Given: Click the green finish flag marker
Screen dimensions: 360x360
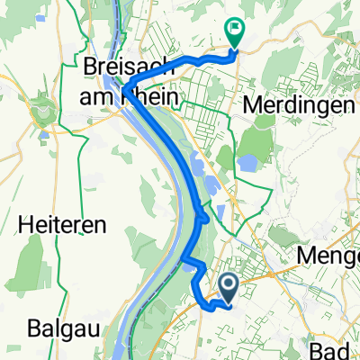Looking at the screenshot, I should coord(233,31).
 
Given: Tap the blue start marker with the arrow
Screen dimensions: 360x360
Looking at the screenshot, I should coord(229,288).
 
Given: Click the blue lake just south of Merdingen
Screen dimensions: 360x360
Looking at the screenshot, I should coord(245,163).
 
